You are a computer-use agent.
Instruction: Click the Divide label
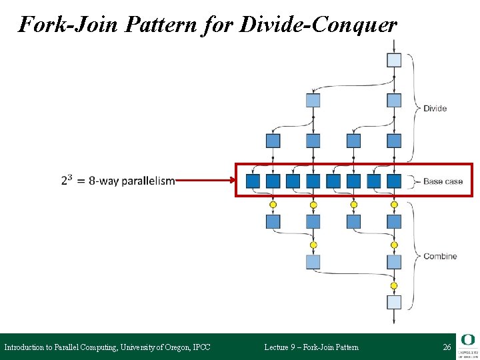click(435, 109)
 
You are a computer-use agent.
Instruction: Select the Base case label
click(442, 181)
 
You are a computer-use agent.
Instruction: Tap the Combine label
click(440, 256)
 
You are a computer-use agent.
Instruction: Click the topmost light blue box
click(394, 60)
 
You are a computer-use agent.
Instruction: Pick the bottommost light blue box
click(394, 302)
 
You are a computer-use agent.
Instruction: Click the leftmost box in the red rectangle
click(253, 181)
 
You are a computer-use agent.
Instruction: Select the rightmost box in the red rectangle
click(394, 181)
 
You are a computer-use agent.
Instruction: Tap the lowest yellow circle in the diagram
click(394, 285)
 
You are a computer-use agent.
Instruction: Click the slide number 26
click(447, 347)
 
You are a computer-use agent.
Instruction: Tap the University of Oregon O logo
click(467, 340)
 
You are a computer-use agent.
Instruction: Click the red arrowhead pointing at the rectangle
click(232, 179)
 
